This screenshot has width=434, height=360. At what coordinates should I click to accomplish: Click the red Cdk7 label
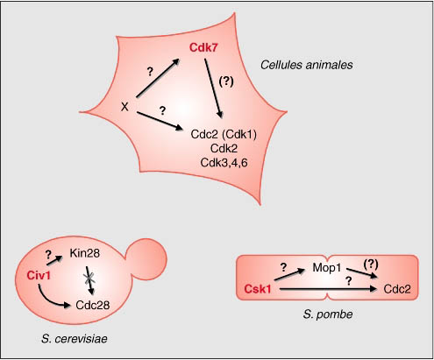click(x=203, y=47)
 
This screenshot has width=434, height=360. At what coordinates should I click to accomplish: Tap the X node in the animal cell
click(x=125, y=107)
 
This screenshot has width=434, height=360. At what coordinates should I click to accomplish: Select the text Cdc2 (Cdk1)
click(x=224, y=135)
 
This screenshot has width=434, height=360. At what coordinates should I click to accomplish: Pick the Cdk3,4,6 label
click(x=224, y=163)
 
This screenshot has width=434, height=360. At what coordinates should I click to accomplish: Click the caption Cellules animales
click(x=307, y=65)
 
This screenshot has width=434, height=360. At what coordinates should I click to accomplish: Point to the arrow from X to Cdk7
click(x=158, y=78)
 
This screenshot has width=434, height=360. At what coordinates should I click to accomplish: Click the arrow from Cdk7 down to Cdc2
click(x=214, y=88)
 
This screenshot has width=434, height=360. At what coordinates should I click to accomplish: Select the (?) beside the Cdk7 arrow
click(x=226, y=81)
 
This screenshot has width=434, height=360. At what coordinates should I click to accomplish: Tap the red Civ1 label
click(x=39, y=275)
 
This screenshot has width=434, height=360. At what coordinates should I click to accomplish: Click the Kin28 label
click(x=85, y=253)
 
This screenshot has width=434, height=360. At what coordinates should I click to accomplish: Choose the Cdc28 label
click(x=93, y=305)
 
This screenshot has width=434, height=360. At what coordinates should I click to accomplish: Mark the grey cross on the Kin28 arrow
click(x=89, y=279)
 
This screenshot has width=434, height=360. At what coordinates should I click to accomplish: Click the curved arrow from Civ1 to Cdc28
click(x=49, y=300)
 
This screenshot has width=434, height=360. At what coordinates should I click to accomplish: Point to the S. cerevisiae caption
click(x=75, y=339)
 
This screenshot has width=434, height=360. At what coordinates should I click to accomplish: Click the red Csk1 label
click(x=258, y=289)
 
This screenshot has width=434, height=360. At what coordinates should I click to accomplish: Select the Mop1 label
click(x=327, y=267)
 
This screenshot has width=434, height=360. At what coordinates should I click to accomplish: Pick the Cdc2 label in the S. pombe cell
click(x=397, y=289)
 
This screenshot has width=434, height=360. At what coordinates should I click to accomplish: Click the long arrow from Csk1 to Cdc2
click(x=328, y=289)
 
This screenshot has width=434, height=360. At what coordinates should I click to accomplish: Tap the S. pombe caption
click(x=328, y=314)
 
